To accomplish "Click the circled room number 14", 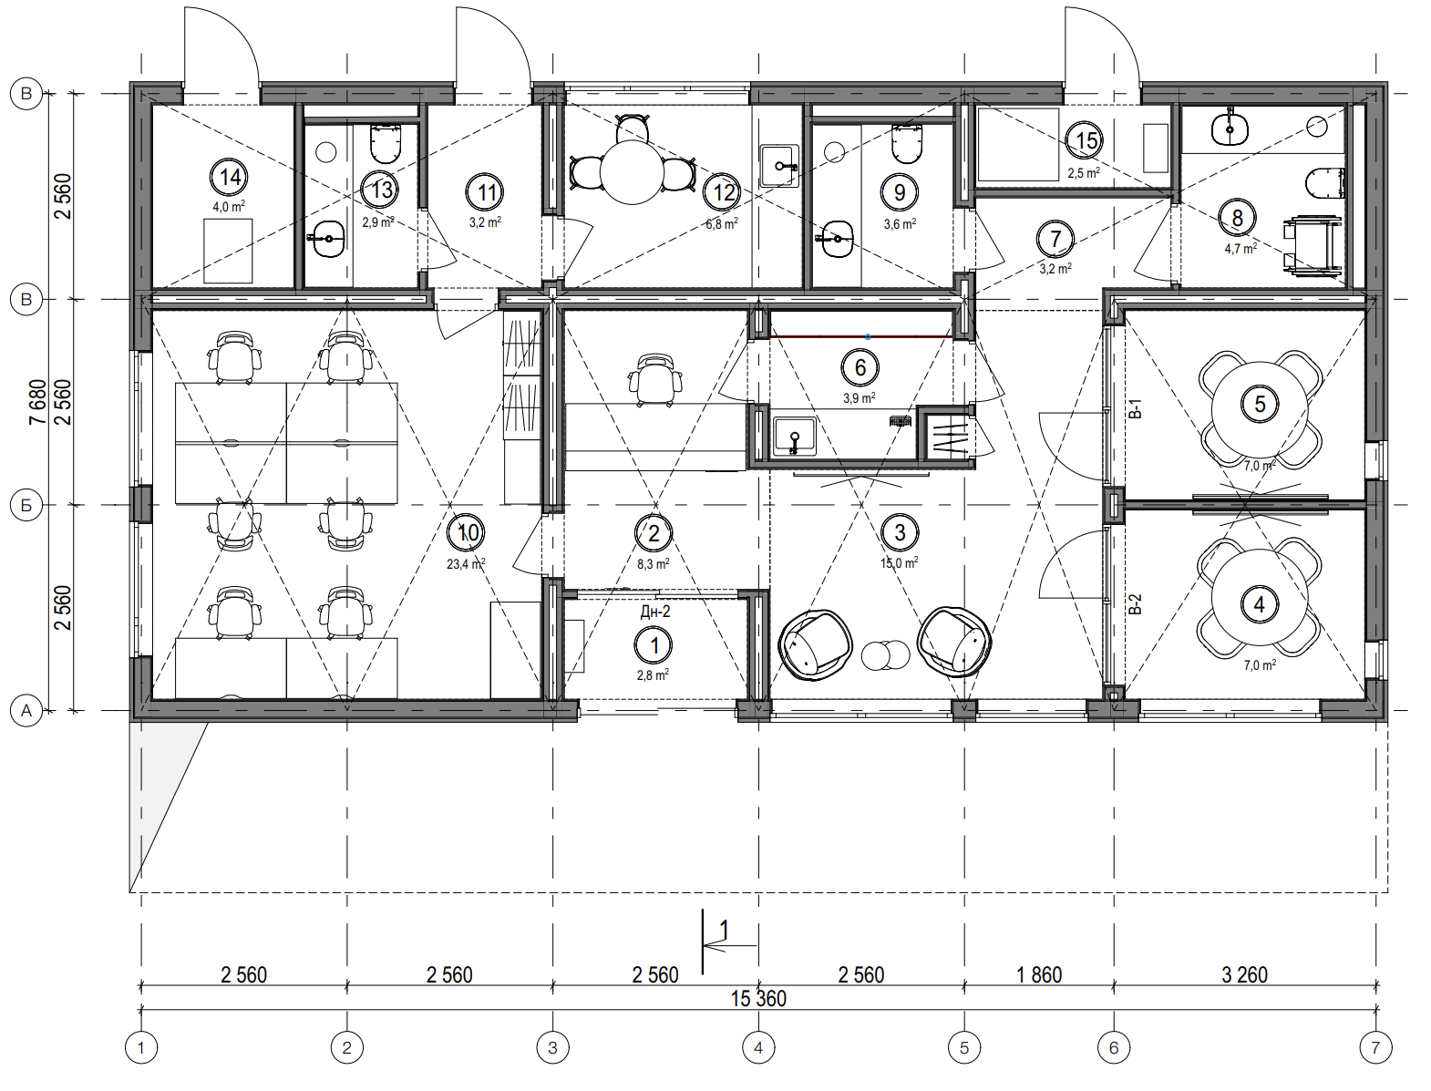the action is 230,177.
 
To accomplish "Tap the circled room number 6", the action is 860,367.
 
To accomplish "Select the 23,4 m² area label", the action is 466,564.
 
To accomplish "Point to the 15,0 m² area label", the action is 900,562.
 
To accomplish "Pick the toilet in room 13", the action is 386,143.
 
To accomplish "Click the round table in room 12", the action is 631,172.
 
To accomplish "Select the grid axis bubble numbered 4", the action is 758,1048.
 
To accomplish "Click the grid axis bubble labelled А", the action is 26,710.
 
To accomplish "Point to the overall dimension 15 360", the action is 758,998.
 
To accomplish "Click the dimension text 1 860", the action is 1039,975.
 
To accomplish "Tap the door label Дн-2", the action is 655,612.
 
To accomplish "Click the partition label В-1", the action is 1135,408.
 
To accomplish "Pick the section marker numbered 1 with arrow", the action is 724,941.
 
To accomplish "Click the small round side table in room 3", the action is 885,655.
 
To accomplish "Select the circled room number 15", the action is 1085,140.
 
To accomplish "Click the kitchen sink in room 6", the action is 794,436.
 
